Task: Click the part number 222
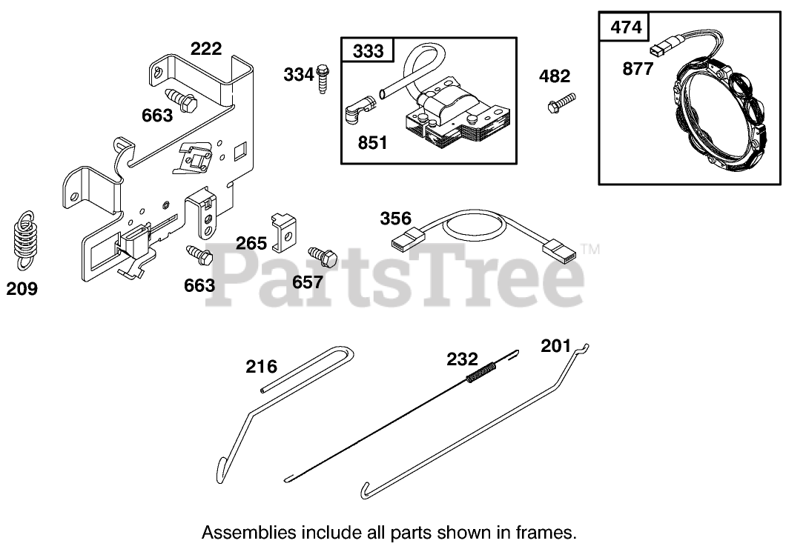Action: (206, 49)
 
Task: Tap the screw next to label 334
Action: (323, 76)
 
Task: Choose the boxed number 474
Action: (624, 28)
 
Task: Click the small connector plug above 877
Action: (656, 51)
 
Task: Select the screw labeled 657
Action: (323, 256)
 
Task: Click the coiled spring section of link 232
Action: (481, 371)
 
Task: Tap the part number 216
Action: (262, 366)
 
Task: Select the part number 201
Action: (556, 345)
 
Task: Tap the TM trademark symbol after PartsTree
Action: (591, 250)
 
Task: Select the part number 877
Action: (638, 70)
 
